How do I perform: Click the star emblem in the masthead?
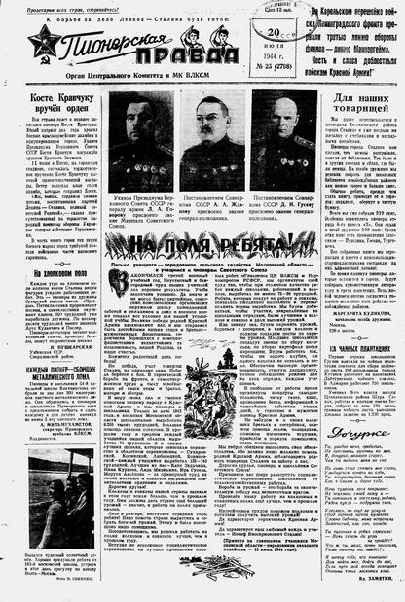tap(44, 45)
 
